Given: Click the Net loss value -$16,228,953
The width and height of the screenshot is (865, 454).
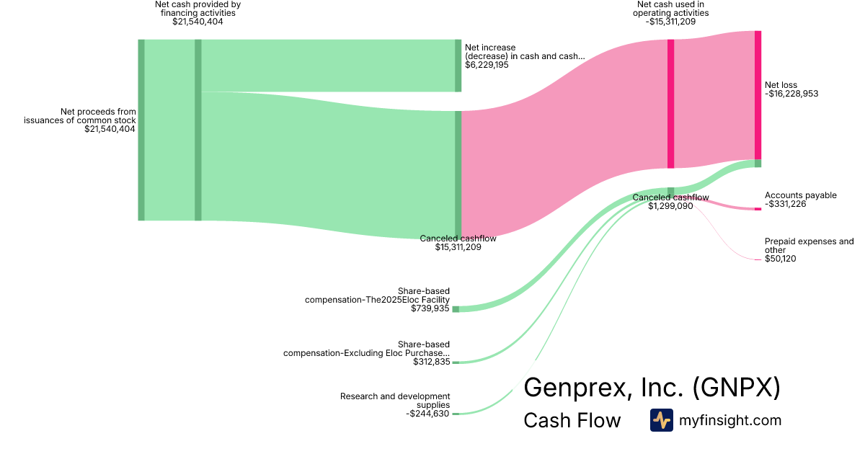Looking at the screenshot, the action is (x=791, y=94).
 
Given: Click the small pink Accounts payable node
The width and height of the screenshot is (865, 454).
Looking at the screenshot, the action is (x=758, y=209).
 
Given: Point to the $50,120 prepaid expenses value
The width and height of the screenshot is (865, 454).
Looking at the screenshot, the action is (x=781, y=259).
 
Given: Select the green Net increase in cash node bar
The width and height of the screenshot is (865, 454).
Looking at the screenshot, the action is (x=458, y=66).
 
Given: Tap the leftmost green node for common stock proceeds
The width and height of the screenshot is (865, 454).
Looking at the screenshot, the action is (x=141, y=130).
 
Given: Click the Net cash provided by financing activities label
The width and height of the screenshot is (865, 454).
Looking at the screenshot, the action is (x=198, y=9).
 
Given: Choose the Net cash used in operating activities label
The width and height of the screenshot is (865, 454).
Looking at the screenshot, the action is (x=671, y=9).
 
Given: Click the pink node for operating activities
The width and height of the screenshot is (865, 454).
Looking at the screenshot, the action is (x=671, y=104).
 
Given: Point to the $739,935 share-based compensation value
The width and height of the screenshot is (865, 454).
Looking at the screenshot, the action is (x=430, y=308).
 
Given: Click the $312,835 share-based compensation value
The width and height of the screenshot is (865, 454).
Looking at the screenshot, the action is (x=432, y=362).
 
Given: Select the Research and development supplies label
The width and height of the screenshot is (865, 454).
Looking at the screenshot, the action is (x=395, y=401).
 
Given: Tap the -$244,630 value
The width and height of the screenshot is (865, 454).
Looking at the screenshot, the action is (x=428, y=414).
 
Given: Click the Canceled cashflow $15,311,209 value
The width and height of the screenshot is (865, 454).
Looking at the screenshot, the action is (x=458, y=247).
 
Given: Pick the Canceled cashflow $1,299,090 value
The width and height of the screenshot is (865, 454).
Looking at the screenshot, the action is (x=670, y=206).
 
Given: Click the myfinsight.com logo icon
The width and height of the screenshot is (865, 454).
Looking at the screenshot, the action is (x=661, y=420).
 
